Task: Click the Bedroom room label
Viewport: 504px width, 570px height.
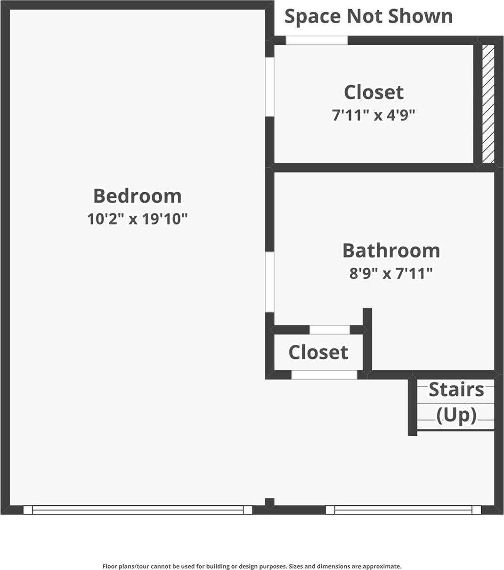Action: [137, 196]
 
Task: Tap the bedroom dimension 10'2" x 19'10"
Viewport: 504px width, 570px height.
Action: [137, 219]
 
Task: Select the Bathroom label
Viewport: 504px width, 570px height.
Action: [391, 251]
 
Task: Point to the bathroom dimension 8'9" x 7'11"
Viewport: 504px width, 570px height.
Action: [391, 273]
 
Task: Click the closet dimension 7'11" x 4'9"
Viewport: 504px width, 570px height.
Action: [374, 115]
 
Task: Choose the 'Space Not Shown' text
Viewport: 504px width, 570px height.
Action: [368, 16]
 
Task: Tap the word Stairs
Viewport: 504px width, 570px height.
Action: [456, 390]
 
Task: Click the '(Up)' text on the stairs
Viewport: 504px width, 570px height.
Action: [456, 415]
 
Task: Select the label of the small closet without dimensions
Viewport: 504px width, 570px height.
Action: [318, 352]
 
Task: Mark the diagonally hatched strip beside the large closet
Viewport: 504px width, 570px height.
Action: [488, 104]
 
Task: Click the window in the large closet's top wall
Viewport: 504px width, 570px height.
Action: [317, 41]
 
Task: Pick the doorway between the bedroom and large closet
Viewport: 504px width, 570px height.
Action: [269, 87]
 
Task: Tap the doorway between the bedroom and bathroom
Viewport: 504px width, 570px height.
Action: [269, 282]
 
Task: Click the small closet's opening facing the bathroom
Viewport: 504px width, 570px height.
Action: [329, 330]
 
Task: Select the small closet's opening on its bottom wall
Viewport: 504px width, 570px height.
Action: [324, 375]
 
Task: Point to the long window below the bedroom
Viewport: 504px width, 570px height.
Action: [138, 510]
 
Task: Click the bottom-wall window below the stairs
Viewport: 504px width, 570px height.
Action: [403, 510]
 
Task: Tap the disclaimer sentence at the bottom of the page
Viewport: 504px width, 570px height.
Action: [252, 566]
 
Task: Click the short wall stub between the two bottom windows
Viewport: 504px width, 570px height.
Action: [269, 503]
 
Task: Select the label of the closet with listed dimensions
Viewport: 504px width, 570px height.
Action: [374, 92]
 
